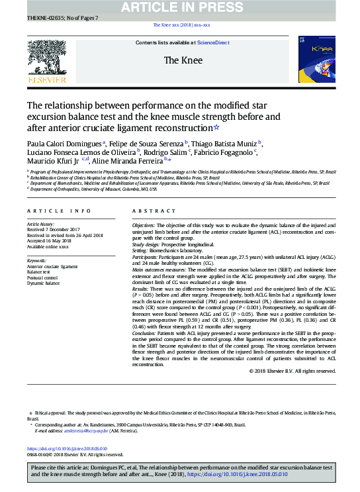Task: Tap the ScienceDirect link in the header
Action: [214, 42]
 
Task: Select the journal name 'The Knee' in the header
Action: [179, 60]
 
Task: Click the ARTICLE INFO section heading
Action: [59, 211]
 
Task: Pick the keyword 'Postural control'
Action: [42, 277]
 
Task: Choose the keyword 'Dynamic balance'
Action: [44, 283]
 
